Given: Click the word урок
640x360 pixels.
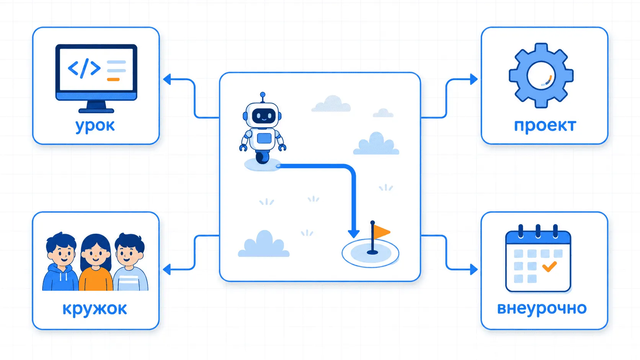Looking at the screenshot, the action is [x=95, y=126].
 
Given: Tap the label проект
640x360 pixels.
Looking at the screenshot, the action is [x=545, y=126].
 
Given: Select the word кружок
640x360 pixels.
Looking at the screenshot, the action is [x=95, y=309].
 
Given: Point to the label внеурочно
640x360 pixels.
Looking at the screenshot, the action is [x=542, y=309].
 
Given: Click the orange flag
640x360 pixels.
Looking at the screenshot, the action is [x=381, y=232].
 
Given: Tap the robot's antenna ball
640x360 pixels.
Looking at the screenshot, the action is [x=263, y=94].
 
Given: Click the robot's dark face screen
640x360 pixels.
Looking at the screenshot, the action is [x=264, y=116].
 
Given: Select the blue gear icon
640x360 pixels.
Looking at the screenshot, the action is [x=541, y=76].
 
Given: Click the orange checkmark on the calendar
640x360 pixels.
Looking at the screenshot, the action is [x=549, y=267].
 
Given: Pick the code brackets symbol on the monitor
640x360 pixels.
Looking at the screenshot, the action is [x=84, y=68].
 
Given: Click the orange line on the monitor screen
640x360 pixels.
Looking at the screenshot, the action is [x=113, y=79].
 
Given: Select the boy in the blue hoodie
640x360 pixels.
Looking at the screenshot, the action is [x=60, y=262].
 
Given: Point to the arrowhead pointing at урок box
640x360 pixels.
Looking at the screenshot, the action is [x=167, y=79].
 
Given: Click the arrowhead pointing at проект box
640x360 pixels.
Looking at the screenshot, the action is [x=474, y=79].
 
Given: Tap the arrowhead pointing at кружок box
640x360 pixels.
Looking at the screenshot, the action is [x=167, y=269].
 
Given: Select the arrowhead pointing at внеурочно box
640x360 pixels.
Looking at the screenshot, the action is [x=474, y=269].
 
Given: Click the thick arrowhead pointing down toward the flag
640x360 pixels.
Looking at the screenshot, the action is [x=354, y=234].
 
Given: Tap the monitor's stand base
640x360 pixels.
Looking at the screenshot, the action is [x=96, y=111].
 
